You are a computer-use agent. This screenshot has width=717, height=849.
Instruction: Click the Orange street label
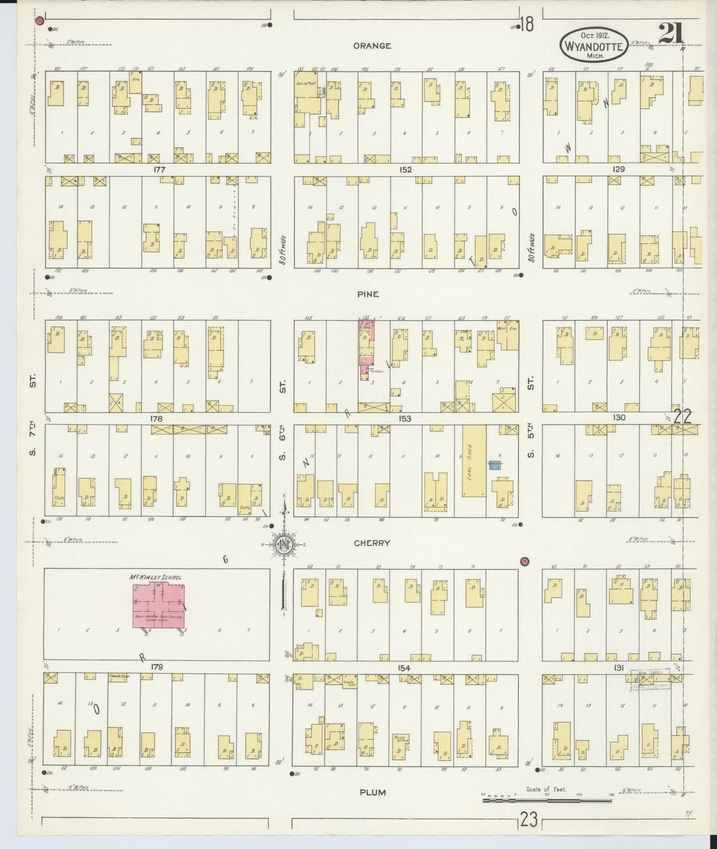[x=372, y=46]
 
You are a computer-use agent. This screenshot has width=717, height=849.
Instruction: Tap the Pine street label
[x=368, y=294]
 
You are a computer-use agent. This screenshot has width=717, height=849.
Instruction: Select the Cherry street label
[x=372, y=543]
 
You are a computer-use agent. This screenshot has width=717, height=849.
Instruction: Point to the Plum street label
[x=373, y=792]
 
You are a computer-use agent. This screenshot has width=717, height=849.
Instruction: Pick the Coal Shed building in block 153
[x=474, y=460]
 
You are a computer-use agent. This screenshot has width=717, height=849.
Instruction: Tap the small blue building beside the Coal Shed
[x=494, y=465]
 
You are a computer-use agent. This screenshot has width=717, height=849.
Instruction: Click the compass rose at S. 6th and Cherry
[x=285, y=545]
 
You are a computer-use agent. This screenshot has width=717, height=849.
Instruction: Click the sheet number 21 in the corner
[x=671, y=34]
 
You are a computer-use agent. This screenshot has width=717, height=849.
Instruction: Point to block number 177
[x=159, y=169]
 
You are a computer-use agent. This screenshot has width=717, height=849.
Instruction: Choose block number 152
[x=405, y=169]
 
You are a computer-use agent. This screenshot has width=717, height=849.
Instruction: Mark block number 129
[x=618, y=169]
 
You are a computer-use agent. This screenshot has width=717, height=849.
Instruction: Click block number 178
[x=157, y=419]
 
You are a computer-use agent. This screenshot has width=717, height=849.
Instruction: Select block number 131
[x=618, y=668]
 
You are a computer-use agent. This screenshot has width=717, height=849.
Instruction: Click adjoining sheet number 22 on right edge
[x=683, y=416]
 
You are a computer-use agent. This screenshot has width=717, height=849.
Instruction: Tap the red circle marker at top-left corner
[x=40, y=21]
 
